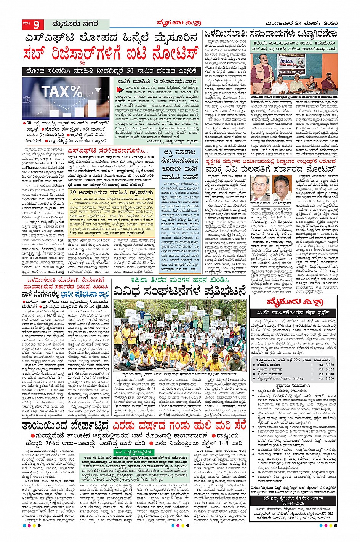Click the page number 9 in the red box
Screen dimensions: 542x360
37,24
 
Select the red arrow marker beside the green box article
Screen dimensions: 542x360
120,89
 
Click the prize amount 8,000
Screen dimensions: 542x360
329,365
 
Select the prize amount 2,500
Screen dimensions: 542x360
329,378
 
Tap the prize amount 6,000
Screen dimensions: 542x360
329,369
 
